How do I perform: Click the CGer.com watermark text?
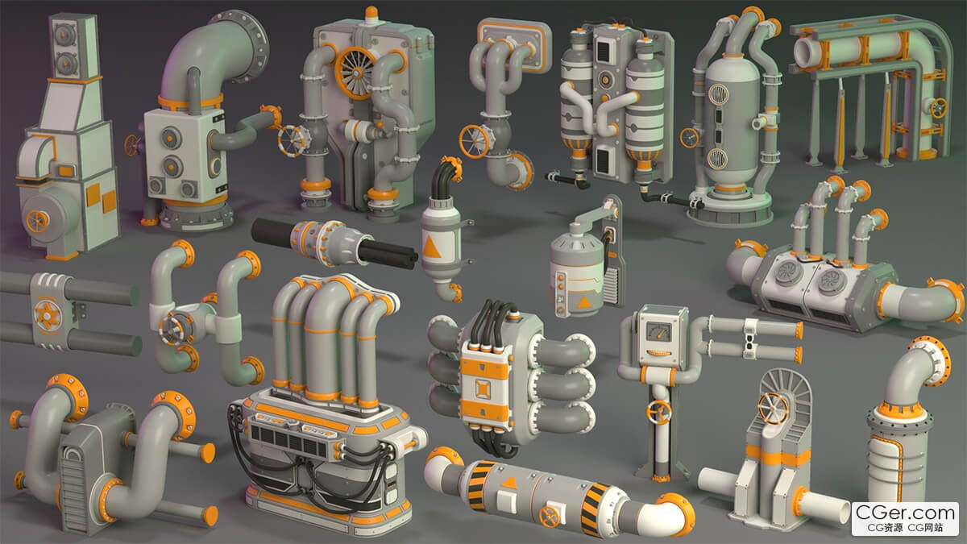pos(905,513)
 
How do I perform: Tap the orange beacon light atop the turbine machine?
pos(371,13)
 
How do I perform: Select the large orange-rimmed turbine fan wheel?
pos(355,73)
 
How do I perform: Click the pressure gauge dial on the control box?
pos(658,331)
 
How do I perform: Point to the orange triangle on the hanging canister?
pos(431,247)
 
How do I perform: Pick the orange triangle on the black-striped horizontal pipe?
pos(509,482)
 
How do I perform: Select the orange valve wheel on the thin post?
pos(659,412)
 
